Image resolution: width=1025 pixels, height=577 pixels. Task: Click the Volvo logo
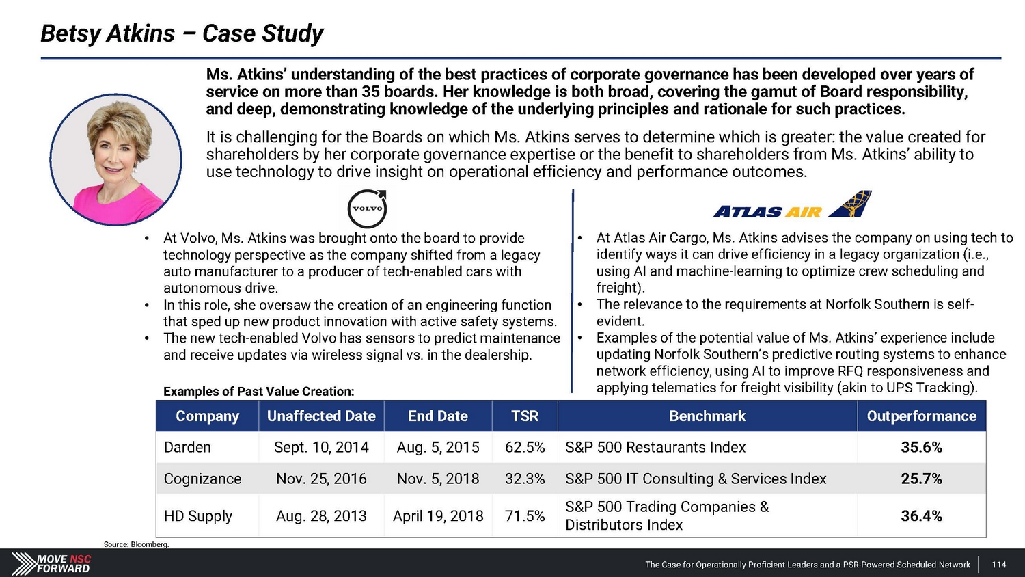367,209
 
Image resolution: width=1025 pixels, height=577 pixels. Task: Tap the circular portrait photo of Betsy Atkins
115,160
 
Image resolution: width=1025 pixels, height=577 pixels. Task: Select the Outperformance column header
921,416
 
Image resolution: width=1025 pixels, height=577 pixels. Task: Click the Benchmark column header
707,416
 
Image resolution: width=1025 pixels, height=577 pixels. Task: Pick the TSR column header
525,416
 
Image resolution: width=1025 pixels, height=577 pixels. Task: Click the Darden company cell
187,448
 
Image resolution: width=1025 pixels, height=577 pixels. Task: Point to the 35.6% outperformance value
921,448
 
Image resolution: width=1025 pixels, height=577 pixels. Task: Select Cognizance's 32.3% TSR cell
525,479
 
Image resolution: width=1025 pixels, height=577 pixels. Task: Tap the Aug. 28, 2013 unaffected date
321,516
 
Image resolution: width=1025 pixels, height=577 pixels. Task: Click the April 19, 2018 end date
438,516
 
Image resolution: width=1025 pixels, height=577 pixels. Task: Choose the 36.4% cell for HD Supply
921,516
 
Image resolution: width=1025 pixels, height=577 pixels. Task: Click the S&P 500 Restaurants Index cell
655,448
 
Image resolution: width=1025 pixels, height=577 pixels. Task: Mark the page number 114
998,565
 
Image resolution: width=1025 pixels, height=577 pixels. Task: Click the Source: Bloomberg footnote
136,544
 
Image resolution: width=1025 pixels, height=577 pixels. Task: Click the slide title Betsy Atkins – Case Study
182,33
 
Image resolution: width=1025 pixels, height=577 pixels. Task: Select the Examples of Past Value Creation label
258,392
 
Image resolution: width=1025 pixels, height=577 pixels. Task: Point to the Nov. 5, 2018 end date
438,479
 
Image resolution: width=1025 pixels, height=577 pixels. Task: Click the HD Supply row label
198,516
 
